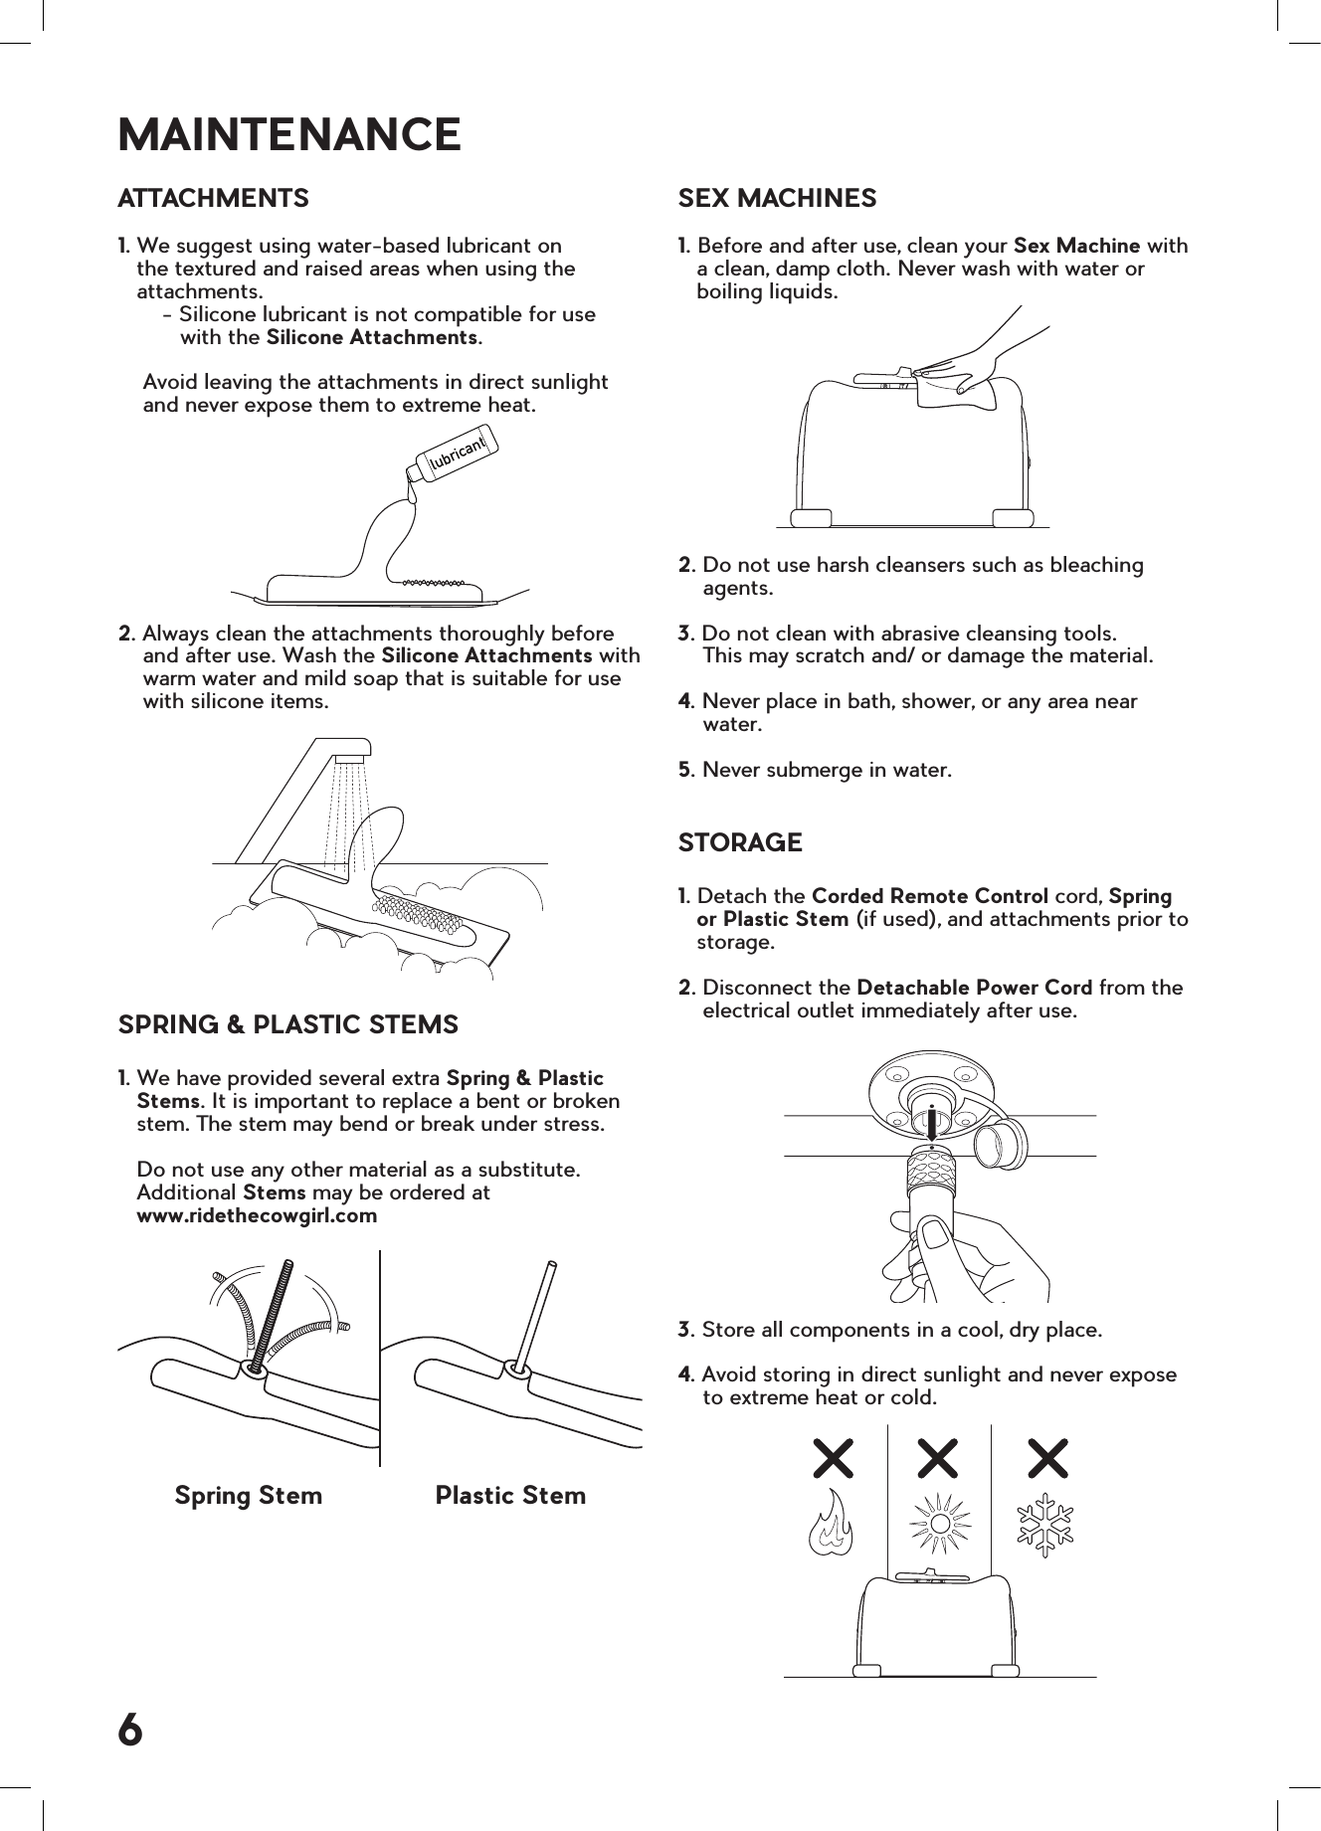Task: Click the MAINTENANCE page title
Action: [x=289, y=134]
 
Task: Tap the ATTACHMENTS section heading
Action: [x=213, y=198]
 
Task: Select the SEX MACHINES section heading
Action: [x=777, y=198]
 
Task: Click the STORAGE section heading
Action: [x=739, y=842]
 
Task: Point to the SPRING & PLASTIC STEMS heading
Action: [x=288, y=1024]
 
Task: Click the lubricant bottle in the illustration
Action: [x=454, y=455]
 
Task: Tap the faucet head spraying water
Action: [x=351, y=749]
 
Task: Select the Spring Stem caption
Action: [x=249, y=1496]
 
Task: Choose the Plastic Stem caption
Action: [x=510, y=1496]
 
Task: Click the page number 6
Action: [x=130, y=1731]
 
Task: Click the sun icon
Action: [x=939, y=1523]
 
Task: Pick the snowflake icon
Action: [x=1045, y=1523]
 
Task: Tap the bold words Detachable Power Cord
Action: [x=974, y=988]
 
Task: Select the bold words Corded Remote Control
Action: [x=930, y=896]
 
